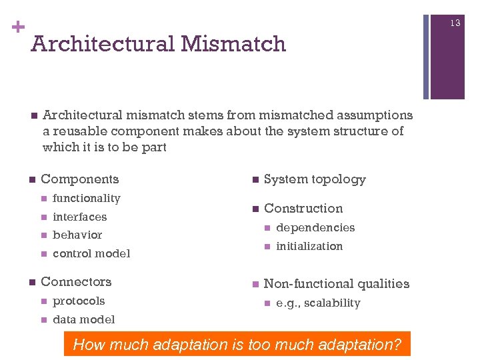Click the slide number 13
[455, 23]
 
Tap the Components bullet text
[79, 179]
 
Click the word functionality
[86, 198]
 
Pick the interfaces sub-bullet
[79, 217]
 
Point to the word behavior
[77, 235]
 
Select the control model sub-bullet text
[91, 253]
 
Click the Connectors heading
[76, 281]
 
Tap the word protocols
[79, 301]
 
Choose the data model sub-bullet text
[83, 319]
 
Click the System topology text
[315, 179]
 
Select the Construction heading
[303, 208]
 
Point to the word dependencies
[315, 227]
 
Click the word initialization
[309, 246]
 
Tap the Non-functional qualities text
[337, 283]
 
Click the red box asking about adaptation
[237, 345]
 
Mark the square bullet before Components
[31, 179]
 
